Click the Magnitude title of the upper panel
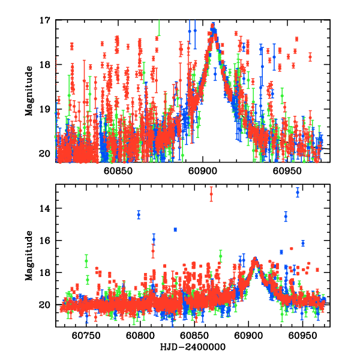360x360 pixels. (x=28, y=87)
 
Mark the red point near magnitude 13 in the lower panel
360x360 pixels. (x=211, y=193)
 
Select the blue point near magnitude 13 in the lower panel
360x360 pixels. (x=298, y=192)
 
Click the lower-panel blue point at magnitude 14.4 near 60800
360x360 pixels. (x=139, y=214)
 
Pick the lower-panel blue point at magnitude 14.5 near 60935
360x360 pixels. (x=286, y=216)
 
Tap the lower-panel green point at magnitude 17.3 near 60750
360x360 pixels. (x=86, y=261)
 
